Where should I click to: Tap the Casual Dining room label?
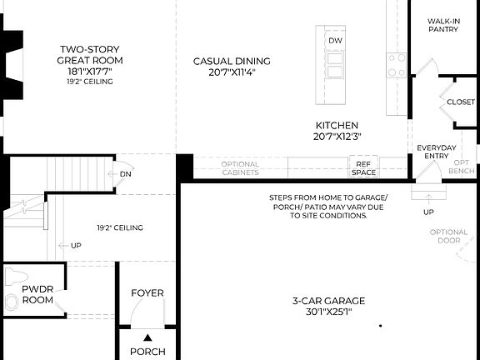232,61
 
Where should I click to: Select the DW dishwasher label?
335,40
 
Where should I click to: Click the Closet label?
461,102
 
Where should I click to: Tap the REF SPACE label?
363,168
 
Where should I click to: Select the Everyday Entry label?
437,152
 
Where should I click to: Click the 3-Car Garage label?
328,301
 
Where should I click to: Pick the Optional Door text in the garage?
449,237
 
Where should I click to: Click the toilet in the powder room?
12,301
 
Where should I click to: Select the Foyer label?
147,292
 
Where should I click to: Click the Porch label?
147,352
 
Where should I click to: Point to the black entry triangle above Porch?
147,337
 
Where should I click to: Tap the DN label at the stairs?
125,174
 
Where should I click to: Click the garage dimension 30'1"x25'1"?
328,312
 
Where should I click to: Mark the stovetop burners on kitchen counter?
396,63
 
